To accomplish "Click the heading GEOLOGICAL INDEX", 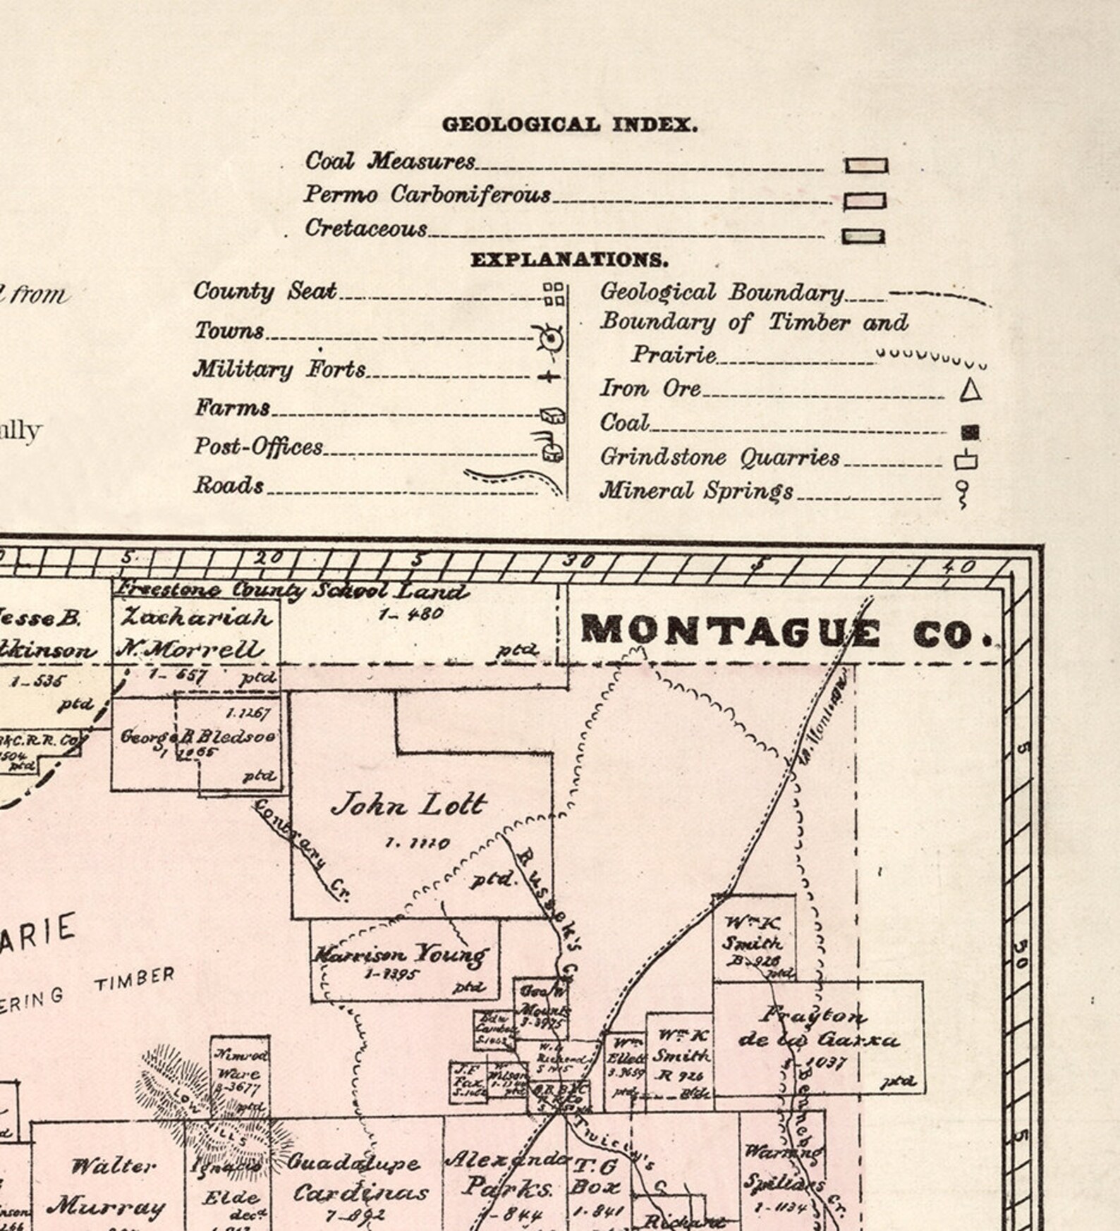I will (570, 125).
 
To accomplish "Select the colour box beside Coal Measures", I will (866, 166).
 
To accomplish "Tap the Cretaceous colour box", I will (863, 236).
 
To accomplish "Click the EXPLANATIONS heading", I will (569, 260).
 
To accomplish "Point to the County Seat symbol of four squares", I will (554, 294).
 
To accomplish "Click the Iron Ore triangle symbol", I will (971, 391).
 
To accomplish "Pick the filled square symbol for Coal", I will (970, 431).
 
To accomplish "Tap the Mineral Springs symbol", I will (961, 493).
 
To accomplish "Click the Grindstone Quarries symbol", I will (966, 461).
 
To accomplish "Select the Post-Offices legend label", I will (259, 447).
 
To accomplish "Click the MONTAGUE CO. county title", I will (786, 632).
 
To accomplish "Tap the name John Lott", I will (409, 804).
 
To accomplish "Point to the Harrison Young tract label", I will (400, 955).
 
